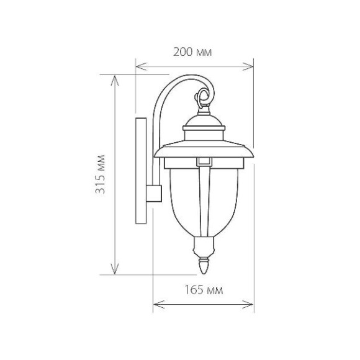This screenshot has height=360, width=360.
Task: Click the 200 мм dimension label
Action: [192, 52]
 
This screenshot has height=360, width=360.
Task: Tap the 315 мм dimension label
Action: [101, 174]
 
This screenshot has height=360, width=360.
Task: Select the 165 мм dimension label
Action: [204, 290]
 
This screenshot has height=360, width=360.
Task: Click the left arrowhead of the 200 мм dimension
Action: [141, 66]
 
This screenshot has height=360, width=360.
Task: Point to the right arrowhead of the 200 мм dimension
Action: [248, 66]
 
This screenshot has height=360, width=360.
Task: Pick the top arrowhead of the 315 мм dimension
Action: [115, 81]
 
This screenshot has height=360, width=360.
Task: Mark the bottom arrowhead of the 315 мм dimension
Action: [115, 269]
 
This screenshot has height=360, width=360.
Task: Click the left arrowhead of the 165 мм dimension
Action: [159, 304]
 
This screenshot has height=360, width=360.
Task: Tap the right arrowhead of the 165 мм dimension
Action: [248, 304]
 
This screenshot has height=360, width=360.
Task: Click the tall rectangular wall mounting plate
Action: [141, 171]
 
